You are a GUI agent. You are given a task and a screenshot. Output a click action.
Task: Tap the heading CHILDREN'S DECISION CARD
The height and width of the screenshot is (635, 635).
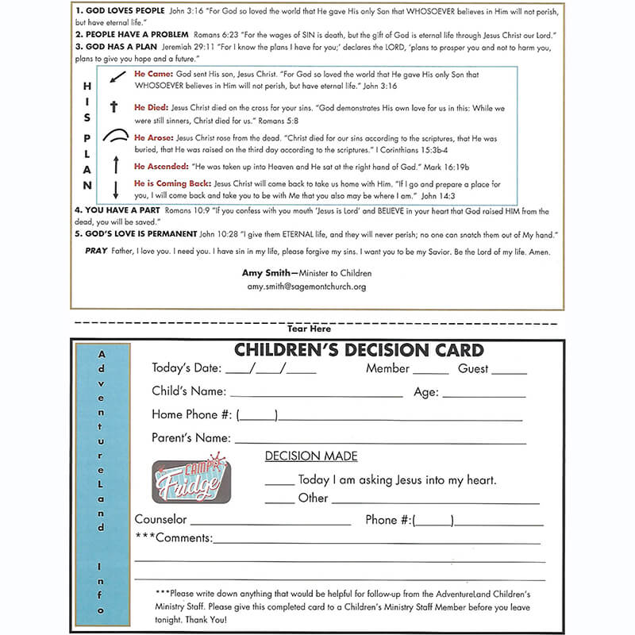click(x=358, y=350)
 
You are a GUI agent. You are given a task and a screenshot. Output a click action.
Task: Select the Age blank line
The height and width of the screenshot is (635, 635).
click(x=483, y=394)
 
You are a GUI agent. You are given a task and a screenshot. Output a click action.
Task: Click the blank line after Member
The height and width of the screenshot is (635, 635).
click(x=431, y=372)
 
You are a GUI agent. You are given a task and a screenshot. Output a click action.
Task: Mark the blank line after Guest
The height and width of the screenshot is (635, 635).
click(x=509, y=372)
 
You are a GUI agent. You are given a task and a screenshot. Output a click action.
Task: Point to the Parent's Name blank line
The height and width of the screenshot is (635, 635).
click(x=380, y=442)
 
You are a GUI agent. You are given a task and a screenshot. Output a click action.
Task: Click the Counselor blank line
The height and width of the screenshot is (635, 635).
click(x=271, y=524)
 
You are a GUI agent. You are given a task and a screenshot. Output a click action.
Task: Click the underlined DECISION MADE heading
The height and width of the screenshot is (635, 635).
click(x=311, y=456)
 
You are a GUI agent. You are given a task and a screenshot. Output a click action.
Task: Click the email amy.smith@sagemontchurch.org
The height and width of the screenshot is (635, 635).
click(x=306, y=287)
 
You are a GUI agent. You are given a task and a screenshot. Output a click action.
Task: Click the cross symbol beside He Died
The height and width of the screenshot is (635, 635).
click(x=114, y=107)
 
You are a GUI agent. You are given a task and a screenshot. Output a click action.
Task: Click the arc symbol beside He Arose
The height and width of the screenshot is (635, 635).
click(x=115, y=136)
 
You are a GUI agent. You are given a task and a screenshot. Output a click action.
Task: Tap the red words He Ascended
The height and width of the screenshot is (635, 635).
click(x=160, y=167)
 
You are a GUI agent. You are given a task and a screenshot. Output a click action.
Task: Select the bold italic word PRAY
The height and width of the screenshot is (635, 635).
click(x=96, y=252)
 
